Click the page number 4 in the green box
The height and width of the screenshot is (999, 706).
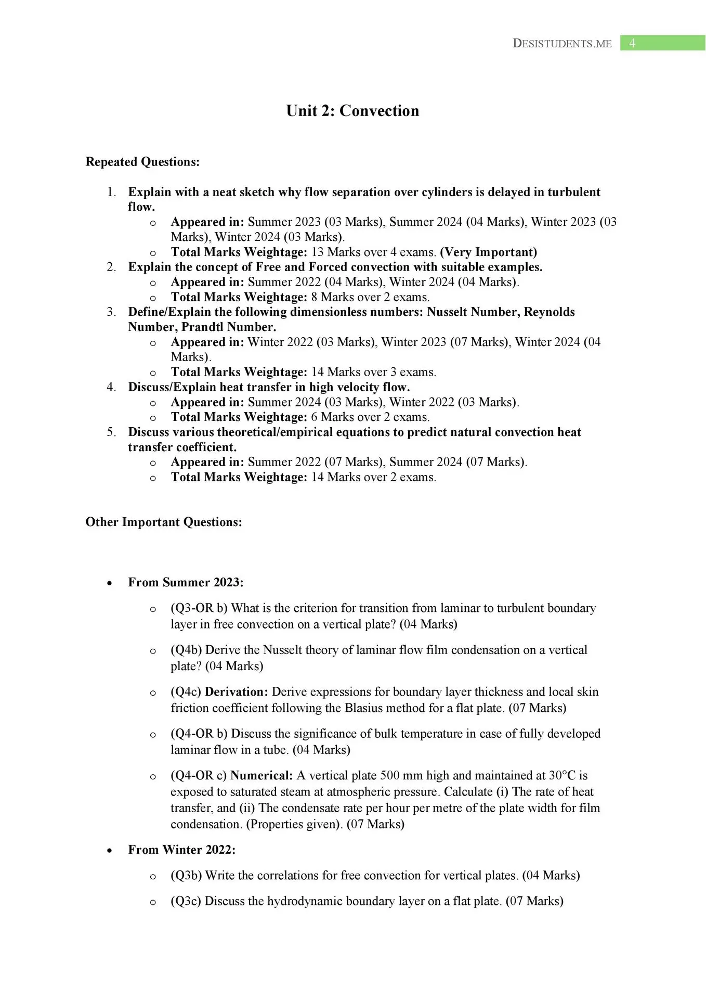632,43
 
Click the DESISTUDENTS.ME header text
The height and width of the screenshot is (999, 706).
562,44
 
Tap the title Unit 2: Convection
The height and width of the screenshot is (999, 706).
352,111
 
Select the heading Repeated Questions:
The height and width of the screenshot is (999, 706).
142,162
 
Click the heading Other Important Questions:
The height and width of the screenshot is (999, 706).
164,522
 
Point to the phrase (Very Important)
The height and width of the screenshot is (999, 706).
488,252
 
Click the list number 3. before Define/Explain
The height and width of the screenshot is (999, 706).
111,312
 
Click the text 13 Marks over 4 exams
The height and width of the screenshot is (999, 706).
373,252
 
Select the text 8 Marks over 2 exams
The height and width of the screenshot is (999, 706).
370,297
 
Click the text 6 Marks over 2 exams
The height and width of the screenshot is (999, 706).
370,417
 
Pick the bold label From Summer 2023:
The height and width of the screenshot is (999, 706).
186,582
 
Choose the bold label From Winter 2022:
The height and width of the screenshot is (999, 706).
181,850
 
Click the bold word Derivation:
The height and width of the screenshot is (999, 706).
237,692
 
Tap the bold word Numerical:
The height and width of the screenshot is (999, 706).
262,776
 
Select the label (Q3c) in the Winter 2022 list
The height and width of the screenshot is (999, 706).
186,901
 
